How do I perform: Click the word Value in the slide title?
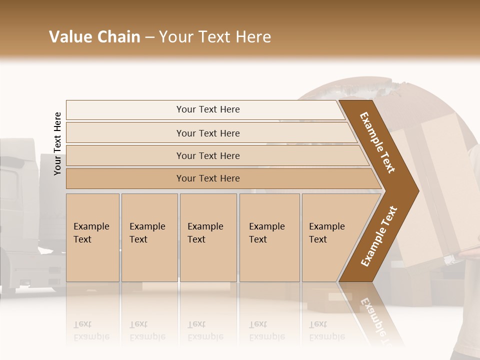tap(70, 37)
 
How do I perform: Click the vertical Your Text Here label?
tap(57, 144)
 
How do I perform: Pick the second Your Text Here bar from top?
tap(207, 133)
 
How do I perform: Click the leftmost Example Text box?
tap(92, 237)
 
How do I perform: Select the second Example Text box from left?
tap(149, 237)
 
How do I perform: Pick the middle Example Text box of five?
tap(208, 237)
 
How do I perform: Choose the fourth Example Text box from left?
tap(269, 237)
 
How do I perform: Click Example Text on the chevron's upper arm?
tap(377, 142)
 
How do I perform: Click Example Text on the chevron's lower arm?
tap(379, 236)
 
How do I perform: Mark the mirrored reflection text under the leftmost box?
tap(91, 330)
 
